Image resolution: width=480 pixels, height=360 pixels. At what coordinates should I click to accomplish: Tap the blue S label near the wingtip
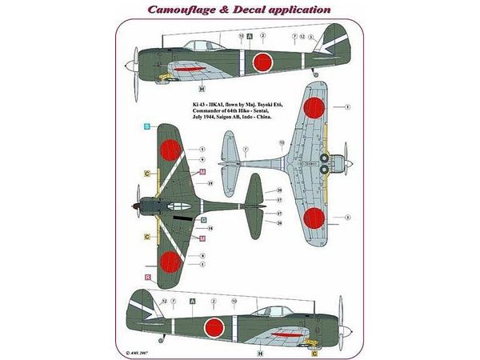146,127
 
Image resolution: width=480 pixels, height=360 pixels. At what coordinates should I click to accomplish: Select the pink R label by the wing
148,277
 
